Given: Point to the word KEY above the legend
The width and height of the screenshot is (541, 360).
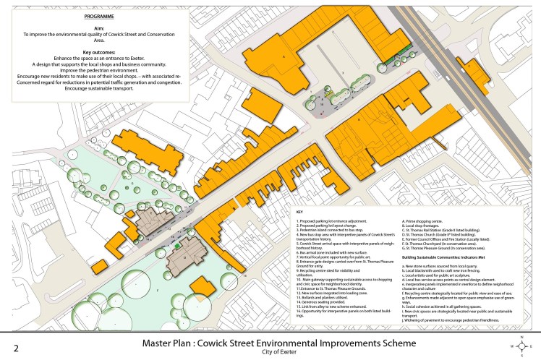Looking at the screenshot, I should pyautogui.click(x=299, y=210).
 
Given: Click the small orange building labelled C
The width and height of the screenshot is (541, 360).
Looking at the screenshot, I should pyautogui.click(x=471, y=67).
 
